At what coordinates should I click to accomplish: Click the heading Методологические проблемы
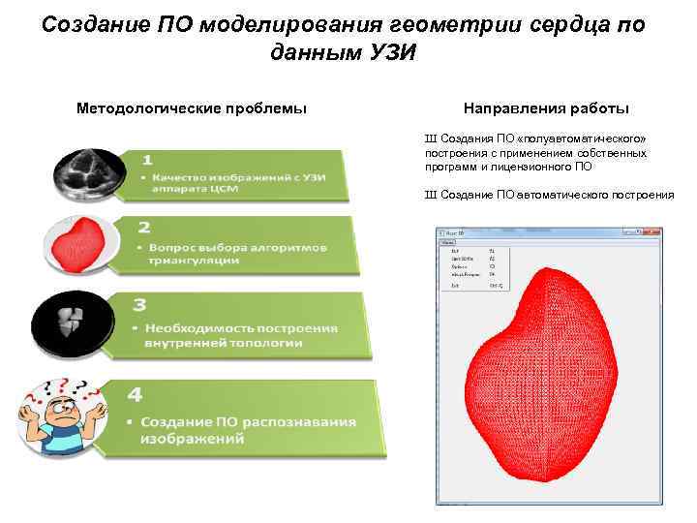point(192,108)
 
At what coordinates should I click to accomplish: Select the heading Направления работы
point(547,108)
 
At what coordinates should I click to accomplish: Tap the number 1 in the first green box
point(146,158)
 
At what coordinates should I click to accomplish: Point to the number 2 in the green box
point(145,228)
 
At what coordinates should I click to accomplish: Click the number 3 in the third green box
point(140,305)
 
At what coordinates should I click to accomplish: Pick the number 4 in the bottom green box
point(136,396)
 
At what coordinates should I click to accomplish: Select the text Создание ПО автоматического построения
point(556,195)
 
